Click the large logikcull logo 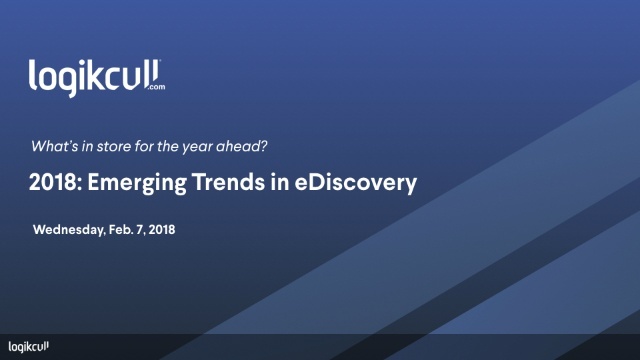click(96, 76)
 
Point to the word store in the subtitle click(107, 146)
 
